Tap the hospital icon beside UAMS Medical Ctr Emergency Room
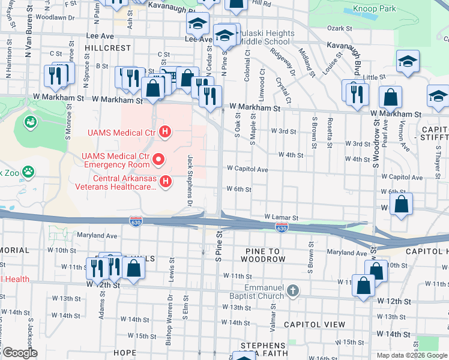(x=158, y=160)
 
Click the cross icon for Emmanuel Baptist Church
(x=292, y=290)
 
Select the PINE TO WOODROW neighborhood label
(x=262, y=254)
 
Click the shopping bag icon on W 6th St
(x=401, y=204)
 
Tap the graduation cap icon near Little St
(x=408, y=62)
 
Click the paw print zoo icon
(x=28, y=172)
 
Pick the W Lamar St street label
(x=282, y=217)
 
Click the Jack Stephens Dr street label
(x=190, y=178)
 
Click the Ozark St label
(x=339, y=28)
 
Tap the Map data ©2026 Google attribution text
(x=411, y=355)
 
